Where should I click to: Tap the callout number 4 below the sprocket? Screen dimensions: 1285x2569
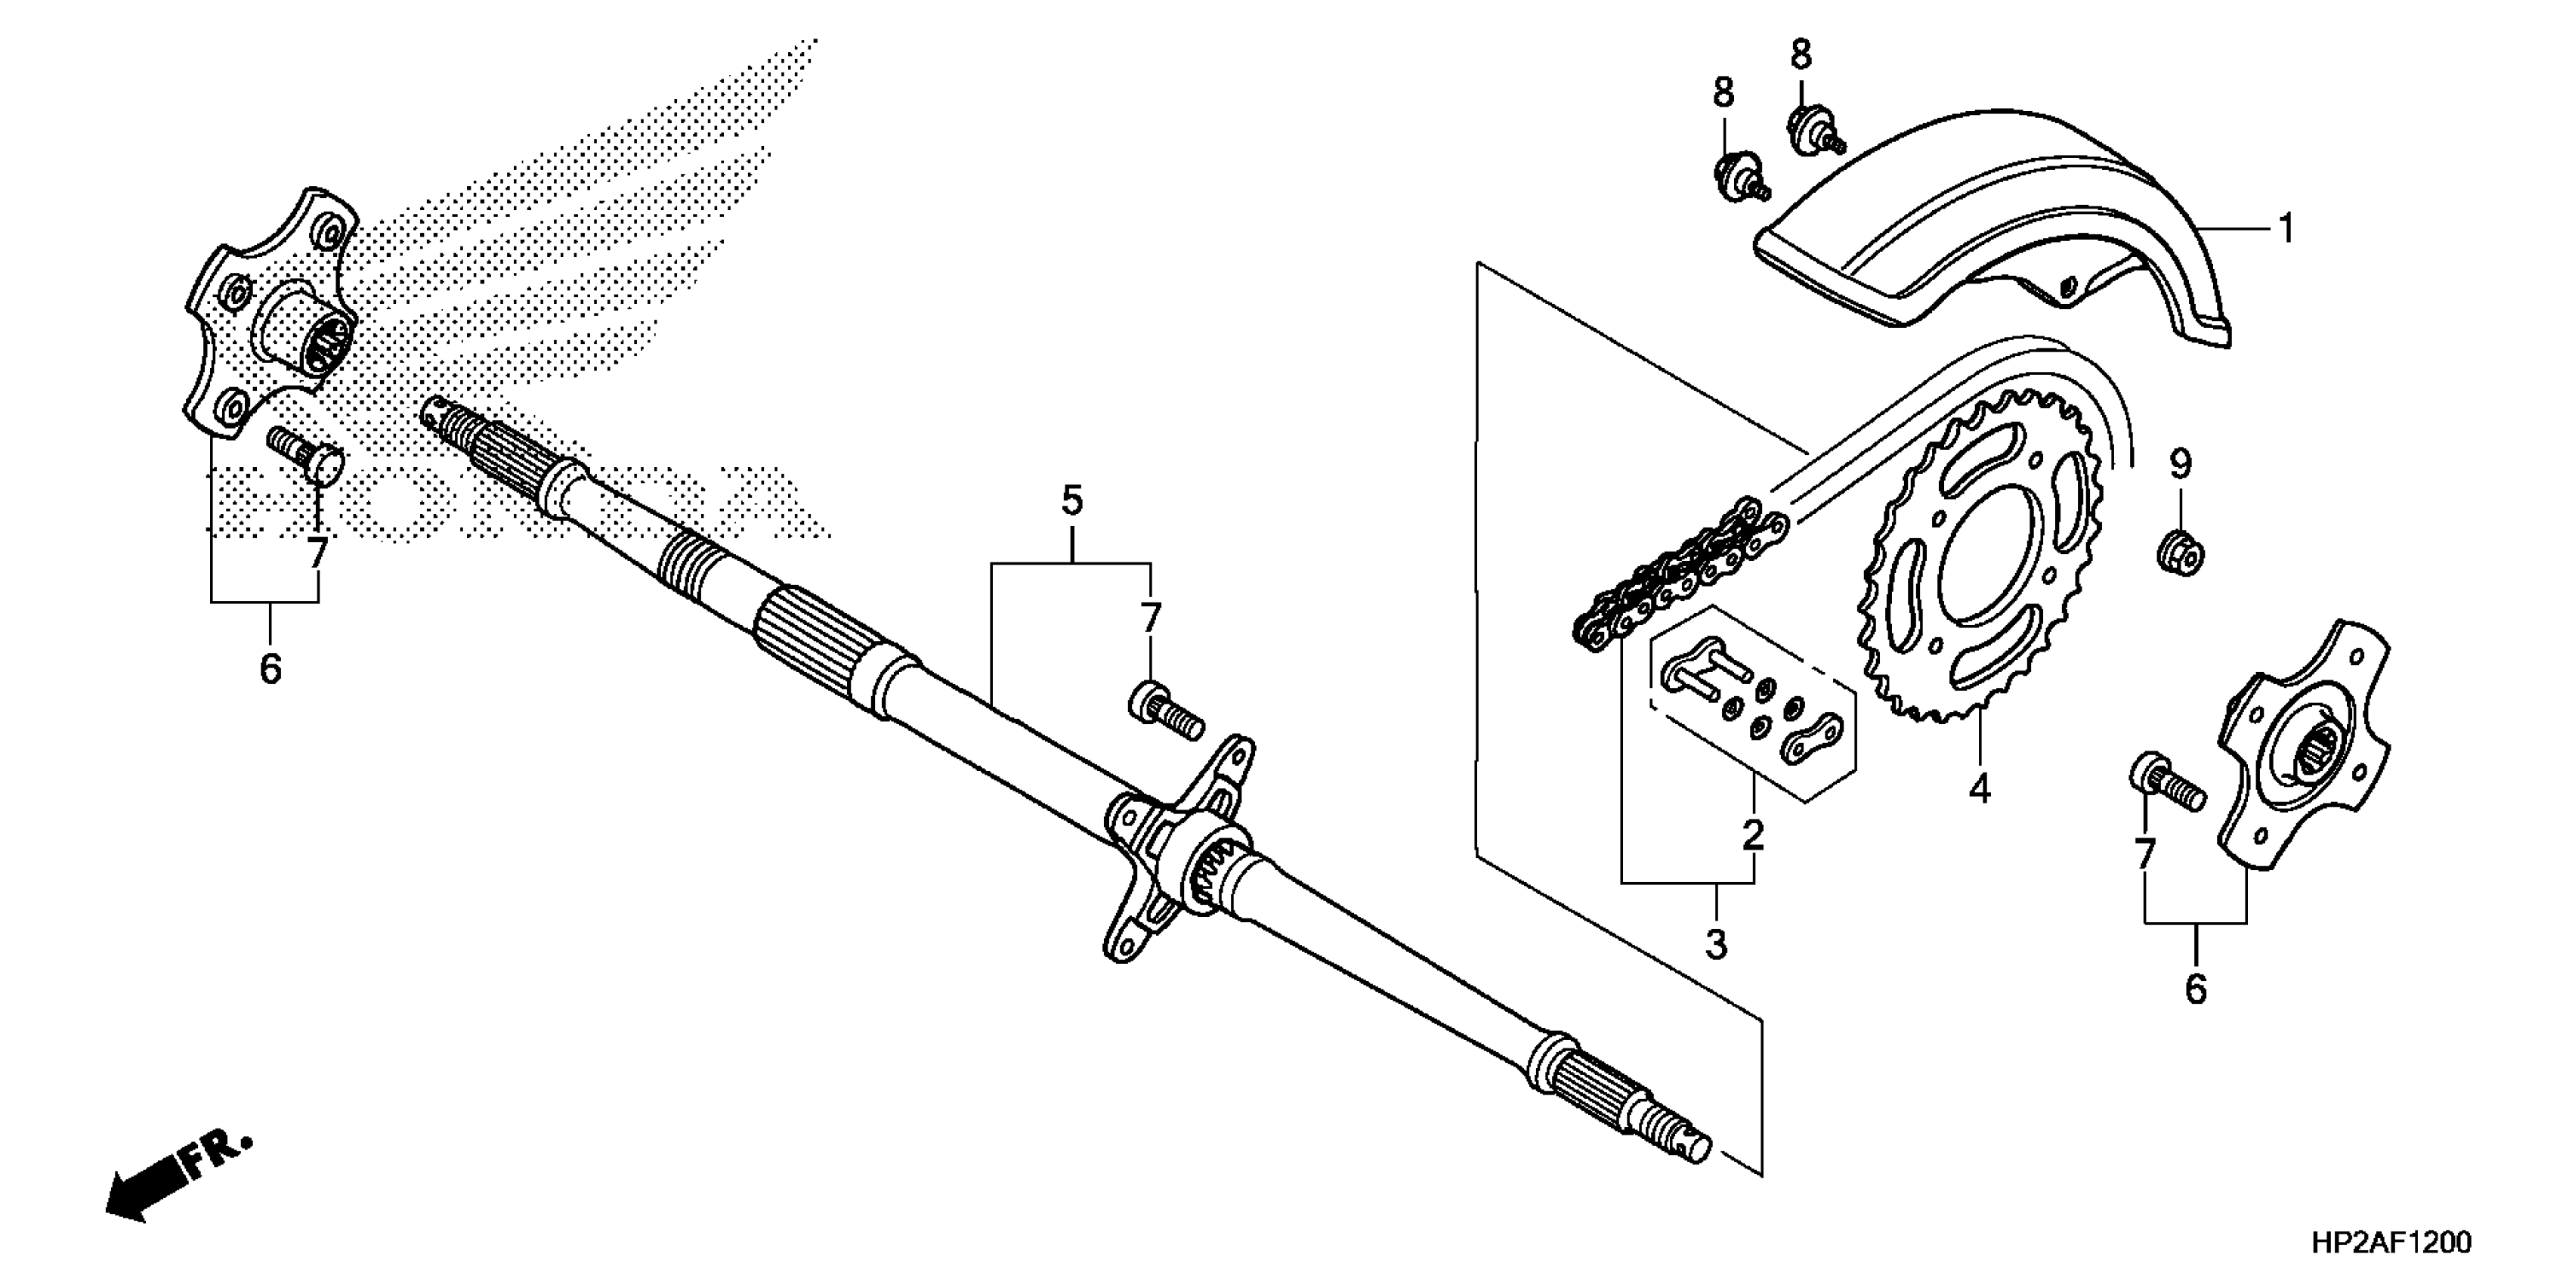1980,789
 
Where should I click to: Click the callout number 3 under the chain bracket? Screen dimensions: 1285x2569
1715,943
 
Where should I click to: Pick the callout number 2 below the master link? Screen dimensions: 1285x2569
1753,834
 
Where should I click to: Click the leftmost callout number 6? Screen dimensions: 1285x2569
271,667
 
